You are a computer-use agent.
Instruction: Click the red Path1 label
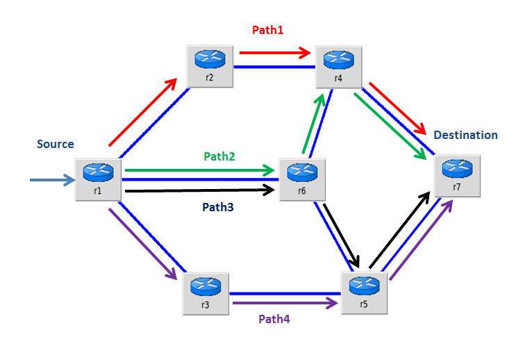pos(267,30)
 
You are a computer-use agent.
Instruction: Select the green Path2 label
pos(219,156)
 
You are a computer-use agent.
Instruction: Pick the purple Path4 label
pos(275,320)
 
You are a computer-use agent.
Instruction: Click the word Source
pos(56,145)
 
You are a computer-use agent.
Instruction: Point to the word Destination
pos(465,135)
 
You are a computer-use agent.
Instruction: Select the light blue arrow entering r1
pos(52,181)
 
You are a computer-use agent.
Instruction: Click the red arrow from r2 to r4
pos(274,51)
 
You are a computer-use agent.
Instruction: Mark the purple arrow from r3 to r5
pos(285,303)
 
